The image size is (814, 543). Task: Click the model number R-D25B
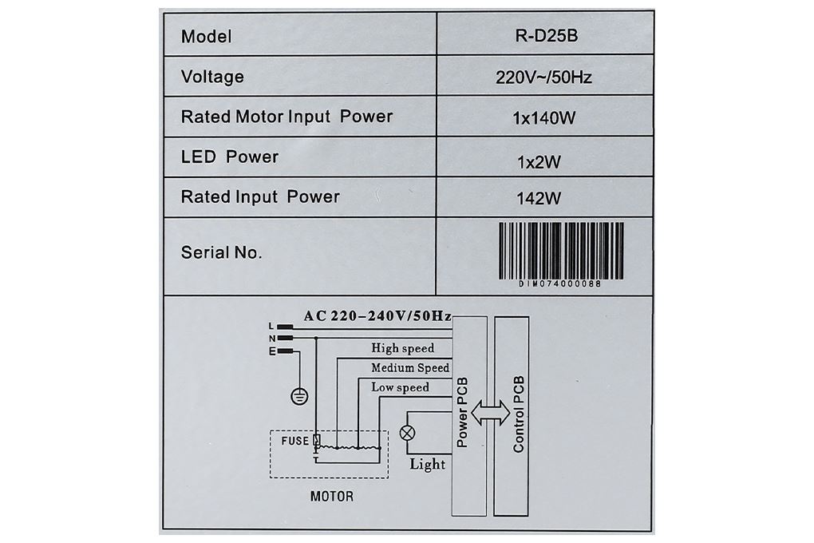tap(546, 35)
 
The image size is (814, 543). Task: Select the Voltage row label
tap(212, 77)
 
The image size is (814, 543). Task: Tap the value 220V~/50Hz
tap(543, 77)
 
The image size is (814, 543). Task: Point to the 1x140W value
tap(544, 118)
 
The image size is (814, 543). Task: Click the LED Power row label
tap(230, 157)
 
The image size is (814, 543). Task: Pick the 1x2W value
tap(539, 162)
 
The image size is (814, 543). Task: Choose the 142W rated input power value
tap(539, 198)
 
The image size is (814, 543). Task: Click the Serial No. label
tap(221, 252)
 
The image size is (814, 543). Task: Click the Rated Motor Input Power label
tap(286, 117)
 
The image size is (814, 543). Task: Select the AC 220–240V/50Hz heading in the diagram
tap(377, 316)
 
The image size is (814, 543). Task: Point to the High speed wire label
tap(402, 347)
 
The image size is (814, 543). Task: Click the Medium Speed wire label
tap(410, 367)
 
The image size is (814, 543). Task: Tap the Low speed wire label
tap(400, 387)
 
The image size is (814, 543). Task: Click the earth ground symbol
tap(299, 396)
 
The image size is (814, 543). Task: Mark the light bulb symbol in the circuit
tap(408, 432)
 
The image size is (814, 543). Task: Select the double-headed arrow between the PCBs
tap(491, 413)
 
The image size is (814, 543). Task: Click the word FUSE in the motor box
tap(294, 441)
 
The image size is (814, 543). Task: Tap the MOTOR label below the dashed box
tap(332, 496)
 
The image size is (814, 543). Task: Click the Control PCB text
tap(518, 414)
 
